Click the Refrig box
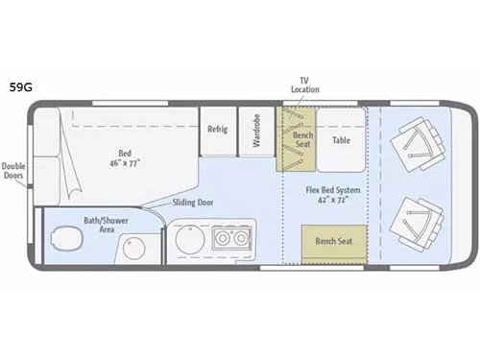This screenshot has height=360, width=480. point(218,129)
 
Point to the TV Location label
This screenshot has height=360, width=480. point(305,84)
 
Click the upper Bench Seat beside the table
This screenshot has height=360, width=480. point(297,139)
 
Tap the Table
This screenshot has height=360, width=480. point(342,139)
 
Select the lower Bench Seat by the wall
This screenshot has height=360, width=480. point(334,240)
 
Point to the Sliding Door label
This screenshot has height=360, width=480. point(193,203)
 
